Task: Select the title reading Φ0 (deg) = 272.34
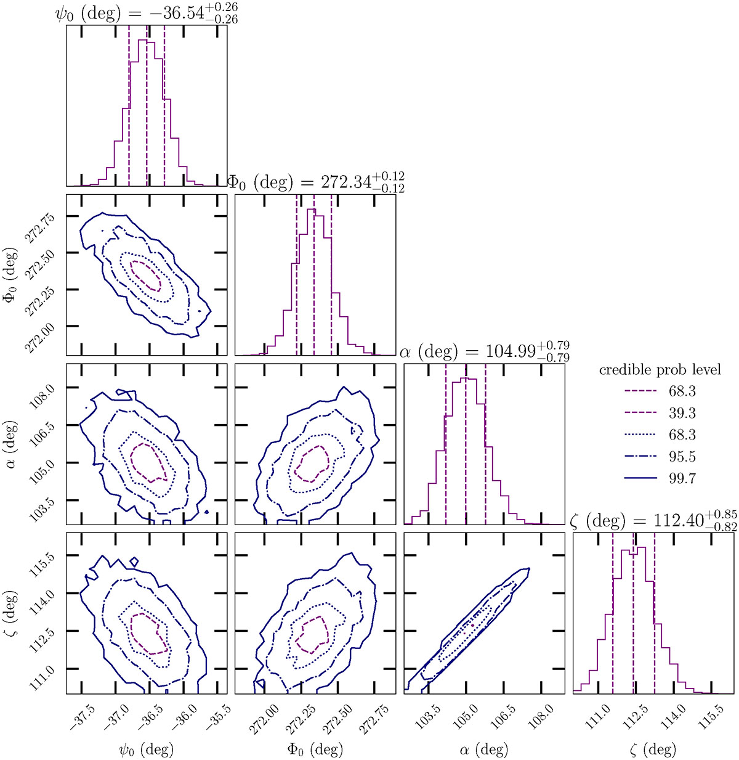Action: pos(316,182)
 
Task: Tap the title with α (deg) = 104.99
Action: pos(485,352)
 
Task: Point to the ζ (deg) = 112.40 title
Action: pos(653,521)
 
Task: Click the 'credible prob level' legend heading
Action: pos(660,370)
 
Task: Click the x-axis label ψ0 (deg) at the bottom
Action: pos(146,750)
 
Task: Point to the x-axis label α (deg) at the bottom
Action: pos(485,750)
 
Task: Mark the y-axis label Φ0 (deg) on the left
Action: pos(11,271)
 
